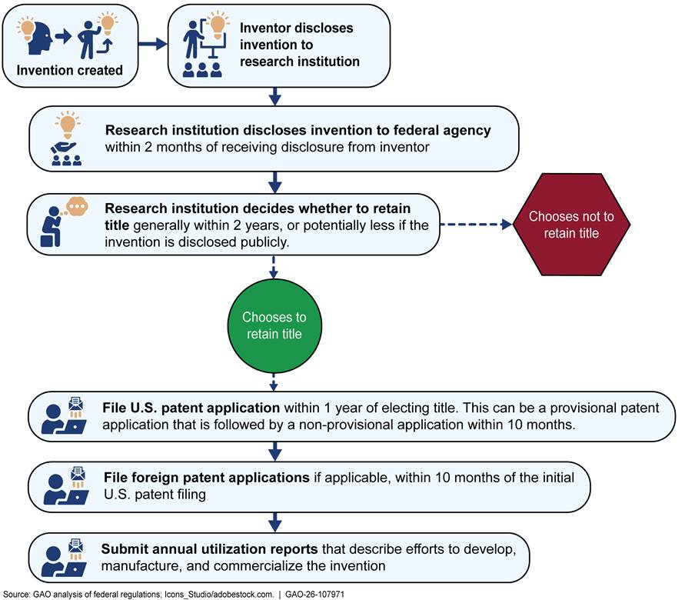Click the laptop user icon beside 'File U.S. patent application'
pyautogui.click(x=66, y=418)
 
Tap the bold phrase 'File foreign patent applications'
pyautogui.click(x=206, y=478)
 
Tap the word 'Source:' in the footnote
pyautogui.click(x=15, y=594)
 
